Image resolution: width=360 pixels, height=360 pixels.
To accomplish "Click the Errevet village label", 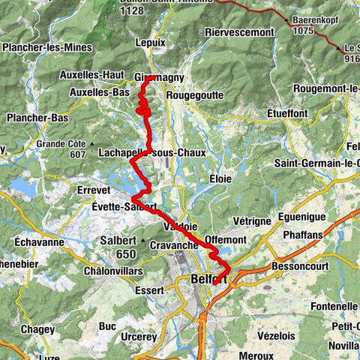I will click(x=94, y=190).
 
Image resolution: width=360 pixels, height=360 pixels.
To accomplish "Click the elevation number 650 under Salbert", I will click(x=126, y=254).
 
